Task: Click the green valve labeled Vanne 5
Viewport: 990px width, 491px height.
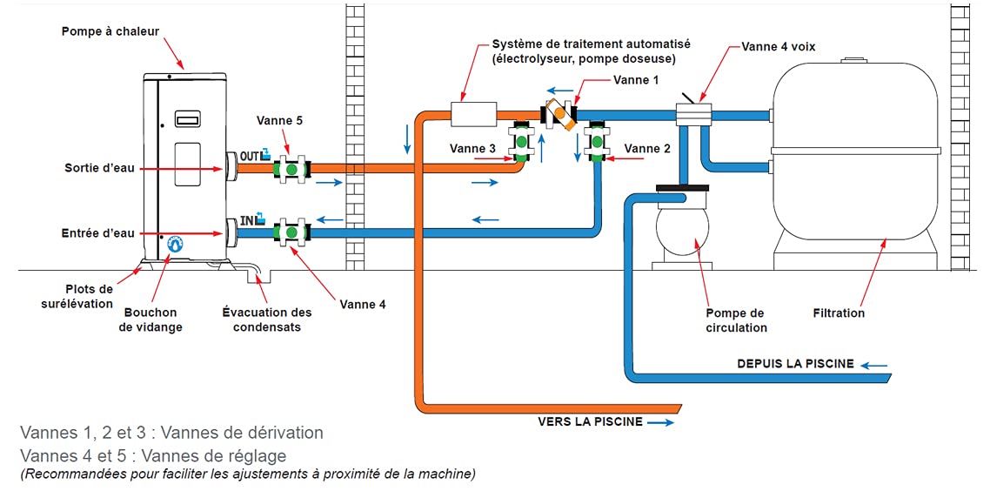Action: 291,170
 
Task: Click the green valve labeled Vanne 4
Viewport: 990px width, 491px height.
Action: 291,232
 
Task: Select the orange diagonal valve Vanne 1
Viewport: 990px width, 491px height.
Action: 560,115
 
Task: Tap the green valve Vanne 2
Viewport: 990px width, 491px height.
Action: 595,144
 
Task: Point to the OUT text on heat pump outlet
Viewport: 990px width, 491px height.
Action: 246,156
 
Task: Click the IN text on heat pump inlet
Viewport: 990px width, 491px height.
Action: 247,221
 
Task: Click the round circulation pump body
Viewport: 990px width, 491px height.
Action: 683,231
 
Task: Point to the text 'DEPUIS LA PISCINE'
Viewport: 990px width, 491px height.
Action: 795,364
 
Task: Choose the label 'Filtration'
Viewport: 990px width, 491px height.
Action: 839,313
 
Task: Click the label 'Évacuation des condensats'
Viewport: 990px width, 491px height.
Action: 266,319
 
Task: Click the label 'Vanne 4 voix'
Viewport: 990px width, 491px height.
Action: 779,47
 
